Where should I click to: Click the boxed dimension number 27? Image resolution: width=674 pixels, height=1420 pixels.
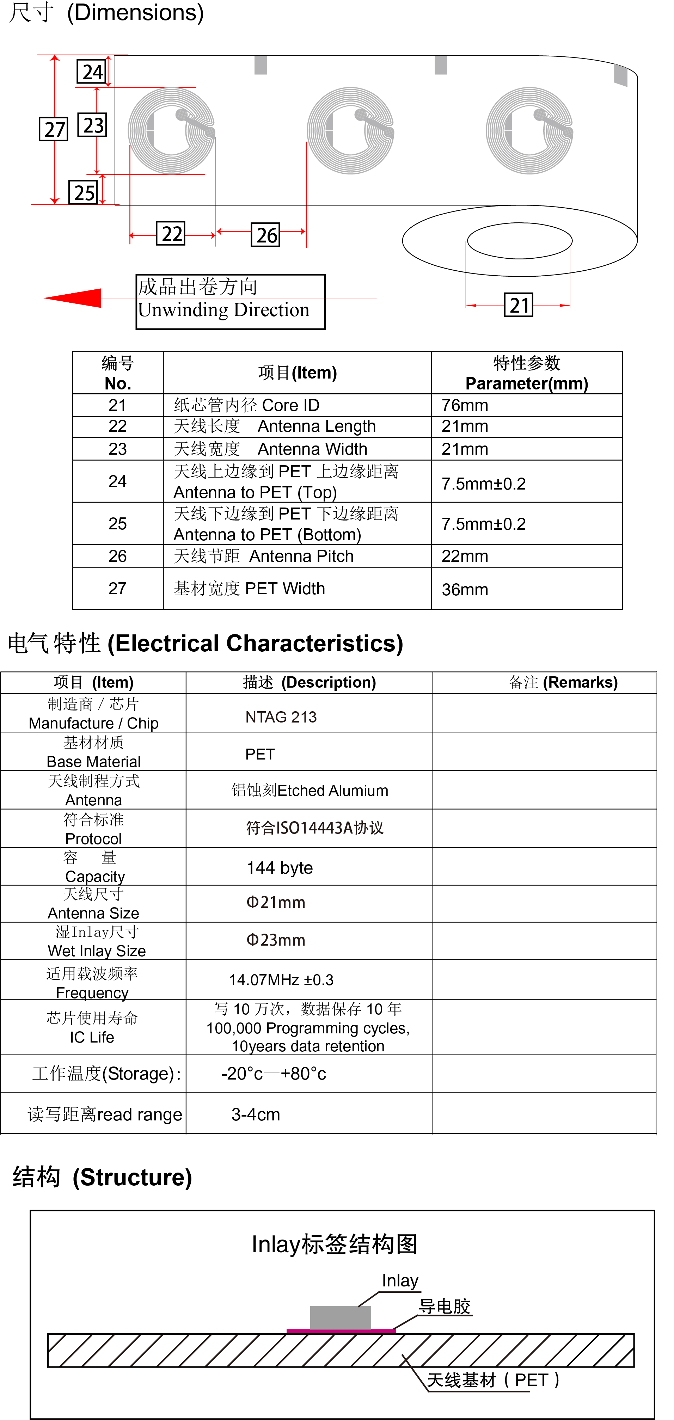pos(54,129)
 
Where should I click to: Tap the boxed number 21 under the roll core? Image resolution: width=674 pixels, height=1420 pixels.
pos(519,305)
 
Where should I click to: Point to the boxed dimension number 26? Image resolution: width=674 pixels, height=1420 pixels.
pos(265,235)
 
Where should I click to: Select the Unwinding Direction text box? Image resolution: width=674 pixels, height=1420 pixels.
pos(231,302)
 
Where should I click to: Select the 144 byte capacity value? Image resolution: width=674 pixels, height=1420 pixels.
pos(280,868)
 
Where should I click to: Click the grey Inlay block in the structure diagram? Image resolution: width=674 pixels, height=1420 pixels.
pos(340,1317)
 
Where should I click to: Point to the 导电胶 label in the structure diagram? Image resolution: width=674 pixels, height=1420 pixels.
pos(445,1307)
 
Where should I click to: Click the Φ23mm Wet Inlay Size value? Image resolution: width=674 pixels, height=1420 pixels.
pos(276,940)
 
